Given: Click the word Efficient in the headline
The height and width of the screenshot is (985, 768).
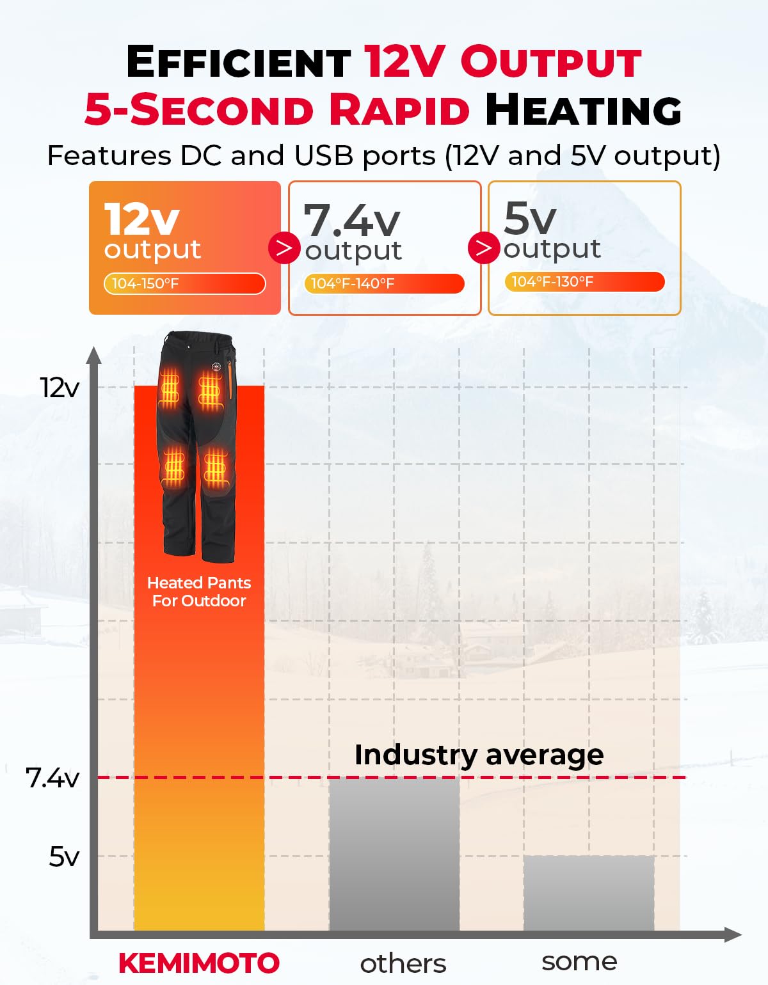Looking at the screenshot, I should point(238,62).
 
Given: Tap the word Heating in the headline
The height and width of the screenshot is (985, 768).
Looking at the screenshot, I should point(583,109).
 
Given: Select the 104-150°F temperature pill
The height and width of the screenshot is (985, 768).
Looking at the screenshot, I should point(184,283).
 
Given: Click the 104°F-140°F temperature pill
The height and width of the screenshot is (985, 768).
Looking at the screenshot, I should point(384,283).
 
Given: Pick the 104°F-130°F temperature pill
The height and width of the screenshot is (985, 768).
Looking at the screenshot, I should point(584,281).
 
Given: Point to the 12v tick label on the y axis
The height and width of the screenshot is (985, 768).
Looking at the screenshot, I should point(60,388).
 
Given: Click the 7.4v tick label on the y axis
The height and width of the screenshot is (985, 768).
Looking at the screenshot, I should point(52,778).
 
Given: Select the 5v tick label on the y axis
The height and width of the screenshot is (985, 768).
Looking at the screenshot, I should point(64,856).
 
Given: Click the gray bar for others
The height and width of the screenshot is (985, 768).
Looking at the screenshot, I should point(394,854).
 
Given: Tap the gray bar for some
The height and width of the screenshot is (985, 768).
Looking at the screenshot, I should point(589,893).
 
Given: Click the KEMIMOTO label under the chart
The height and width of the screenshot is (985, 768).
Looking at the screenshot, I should point(199,963).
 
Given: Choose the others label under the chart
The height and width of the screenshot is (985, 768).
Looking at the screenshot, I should point(403,963).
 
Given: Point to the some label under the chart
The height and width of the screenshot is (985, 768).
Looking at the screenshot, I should point(579,961).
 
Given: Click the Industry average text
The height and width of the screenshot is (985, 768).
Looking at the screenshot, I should point(479,755).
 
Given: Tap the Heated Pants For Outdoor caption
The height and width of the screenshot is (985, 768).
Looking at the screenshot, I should point(199,592).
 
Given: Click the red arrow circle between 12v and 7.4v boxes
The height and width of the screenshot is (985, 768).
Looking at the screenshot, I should point(284,248).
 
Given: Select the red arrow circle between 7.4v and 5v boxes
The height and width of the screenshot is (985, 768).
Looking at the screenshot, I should point(484,248).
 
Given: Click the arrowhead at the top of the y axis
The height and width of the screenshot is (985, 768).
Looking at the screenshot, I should point(94,355).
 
